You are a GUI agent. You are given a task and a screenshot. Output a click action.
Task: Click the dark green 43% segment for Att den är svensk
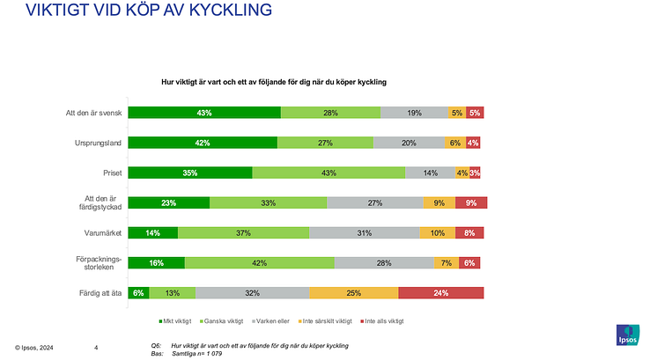coord(204,113)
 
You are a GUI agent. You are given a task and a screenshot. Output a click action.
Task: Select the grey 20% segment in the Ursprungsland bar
coord(409,143)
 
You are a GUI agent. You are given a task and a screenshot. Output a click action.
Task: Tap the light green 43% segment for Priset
coord(328,173)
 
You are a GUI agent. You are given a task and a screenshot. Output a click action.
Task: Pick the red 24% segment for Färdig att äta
coord(442,292)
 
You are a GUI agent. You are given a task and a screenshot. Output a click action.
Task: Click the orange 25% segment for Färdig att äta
coord(353,292)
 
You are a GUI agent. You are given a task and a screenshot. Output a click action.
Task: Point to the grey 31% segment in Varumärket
coord(365,232)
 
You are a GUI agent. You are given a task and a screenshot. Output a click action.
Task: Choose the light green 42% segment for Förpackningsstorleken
coord(260,262)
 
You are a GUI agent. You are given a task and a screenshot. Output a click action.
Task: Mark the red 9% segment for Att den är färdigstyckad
coord(470,202)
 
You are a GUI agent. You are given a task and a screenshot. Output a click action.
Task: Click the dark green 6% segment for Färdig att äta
coord(138,292)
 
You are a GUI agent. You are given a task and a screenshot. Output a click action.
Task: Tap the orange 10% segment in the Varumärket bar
coord(437,232)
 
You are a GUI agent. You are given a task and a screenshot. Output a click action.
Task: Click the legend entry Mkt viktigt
coord(179,321)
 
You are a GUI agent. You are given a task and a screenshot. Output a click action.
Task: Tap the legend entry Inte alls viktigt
coord(381,321)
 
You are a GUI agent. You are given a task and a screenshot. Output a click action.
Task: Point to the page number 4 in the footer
coord(96,348)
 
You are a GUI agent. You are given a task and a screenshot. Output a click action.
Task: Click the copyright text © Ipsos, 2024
coord(33,348)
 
